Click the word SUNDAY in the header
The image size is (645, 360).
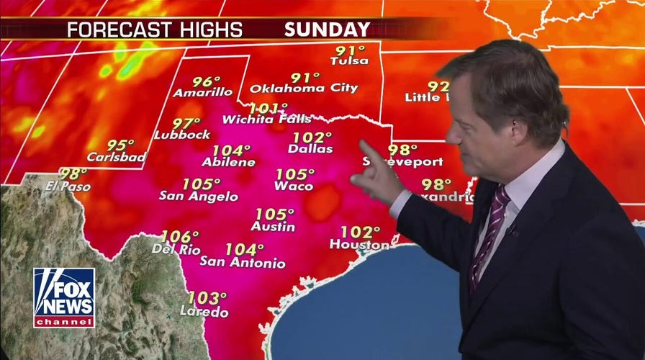pyautogui.click(x=327, y=30)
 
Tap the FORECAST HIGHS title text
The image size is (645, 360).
pyautogui.click(x=154, y=30)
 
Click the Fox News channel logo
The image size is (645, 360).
pyautogui.click(x=63, y=297)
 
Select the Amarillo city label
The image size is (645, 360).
pyautogui.click(x=203, y=92)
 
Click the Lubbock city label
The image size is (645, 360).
pyautogui.click(x=182, y=135)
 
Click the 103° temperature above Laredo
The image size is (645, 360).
pyautogui.click(x=207, y=297)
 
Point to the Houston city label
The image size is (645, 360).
pyautogui.click(x=359, y=245)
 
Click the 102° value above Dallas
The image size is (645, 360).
pyautogui.click(x=312, y=137)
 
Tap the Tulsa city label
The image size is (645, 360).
pyautogui.click(x=349, y=61)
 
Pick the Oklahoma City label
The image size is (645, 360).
pyautogui.click(x=304, y=89)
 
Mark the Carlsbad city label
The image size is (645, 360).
pyautogui.click(x=116, y=157)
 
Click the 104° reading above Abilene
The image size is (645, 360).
pyautogui.click(x=231, y=150)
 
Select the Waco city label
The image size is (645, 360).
pyautogui.click(x=294, y=186)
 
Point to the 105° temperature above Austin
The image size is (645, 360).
pyautogui.click(x=274, y=215)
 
